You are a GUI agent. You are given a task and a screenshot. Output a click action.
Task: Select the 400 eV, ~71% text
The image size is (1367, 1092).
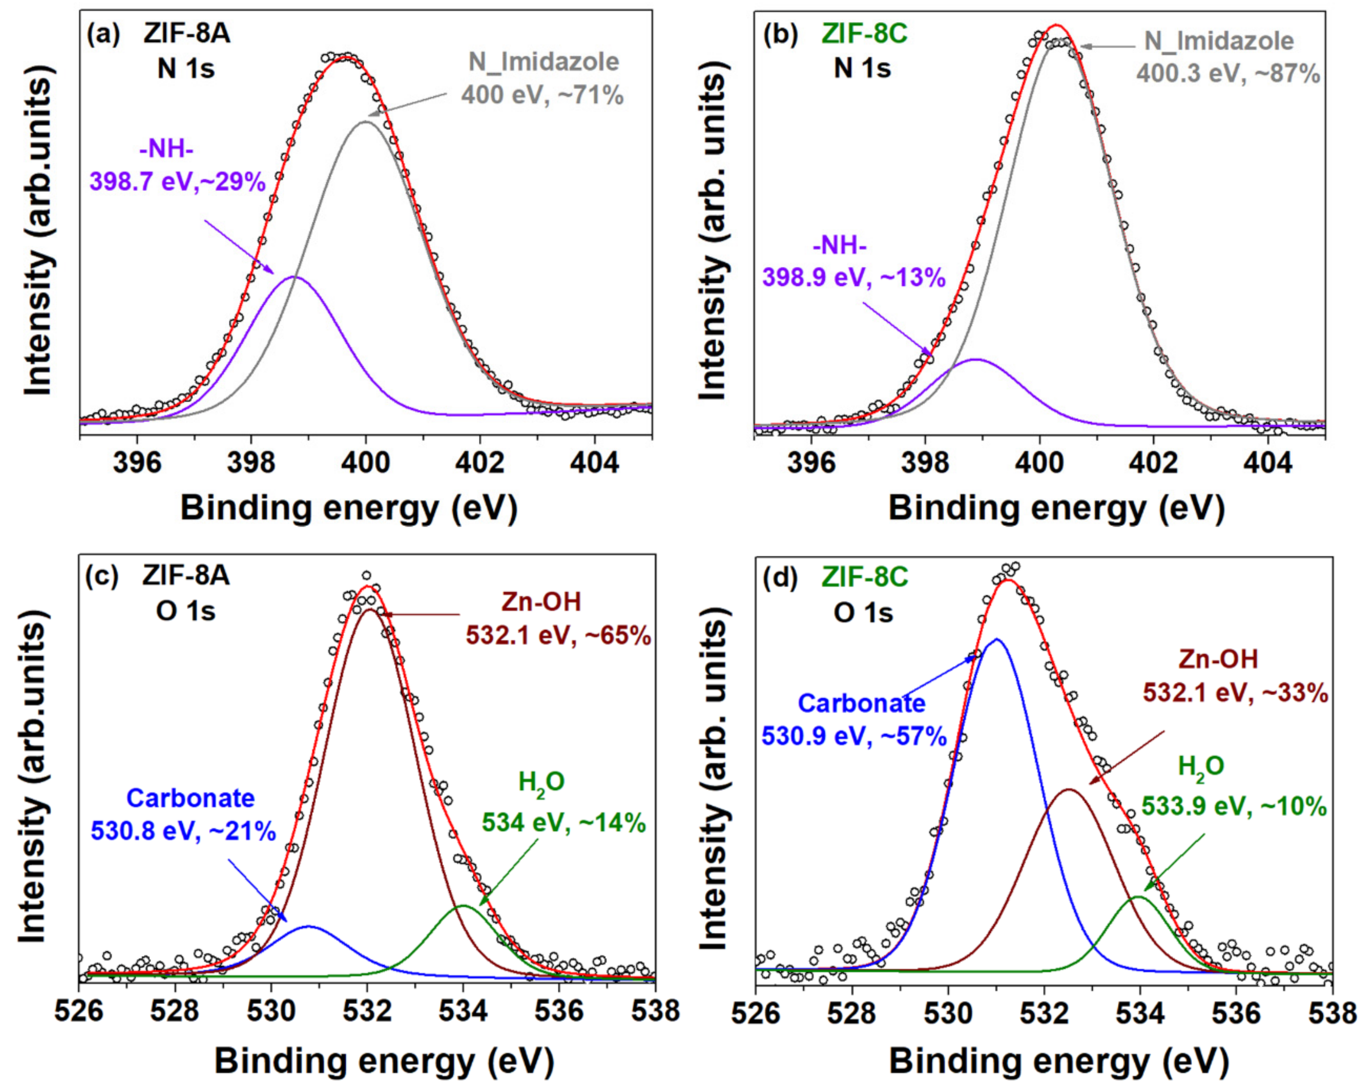click(x=542, y=95)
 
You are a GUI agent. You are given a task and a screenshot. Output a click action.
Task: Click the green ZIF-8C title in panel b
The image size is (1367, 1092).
click(x=864, y=34)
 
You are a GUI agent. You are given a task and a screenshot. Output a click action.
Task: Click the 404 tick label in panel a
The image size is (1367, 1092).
click(x=594, y=462)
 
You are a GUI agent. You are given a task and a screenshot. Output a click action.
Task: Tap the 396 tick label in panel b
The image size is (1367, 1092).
click(x=811, y=462)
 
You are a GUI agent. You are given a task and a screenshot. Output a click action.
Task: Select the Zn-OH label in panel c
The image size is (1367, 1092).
click(x=541, y=601)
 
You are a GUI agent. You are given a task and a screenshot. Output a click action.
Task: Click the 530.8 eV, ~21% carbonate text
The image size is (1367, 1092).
click(x=183, y=831)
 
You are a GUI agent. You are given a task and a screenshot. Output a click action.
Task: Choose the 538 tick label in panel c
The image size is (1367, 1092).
click(x=655, y=1010)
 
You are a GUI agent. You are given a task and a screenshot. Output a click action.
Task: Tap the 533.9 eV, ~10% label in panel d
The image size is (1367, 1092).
click(x=1234, y=807)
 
